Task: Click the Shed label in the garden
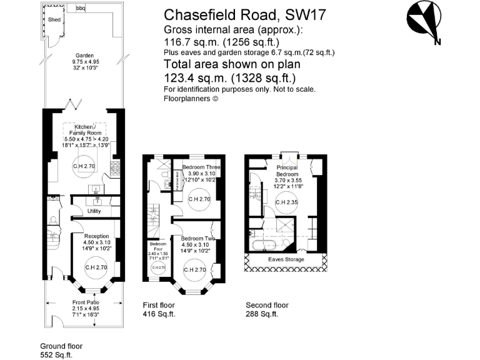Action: coord(55,20)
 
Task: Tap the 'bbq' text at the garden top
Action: coord(81,8)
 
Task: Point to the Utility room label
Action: coord(95,212)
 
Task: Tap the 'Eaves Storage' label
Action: coord(286,259)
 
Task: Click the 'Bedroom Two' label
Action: coord(197,239)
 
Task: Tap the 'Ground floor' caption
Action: coord(61,346)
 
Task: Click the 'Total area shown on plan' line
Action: coord(232,64)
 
